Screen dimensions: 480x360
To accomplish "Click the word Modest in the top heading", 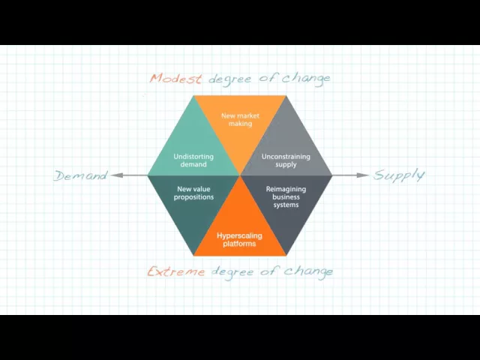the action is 177,78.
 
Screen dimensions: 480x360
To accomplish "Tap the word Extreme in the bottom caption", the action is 177,271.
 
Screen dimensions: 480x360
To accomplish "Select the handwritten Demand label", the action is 80,175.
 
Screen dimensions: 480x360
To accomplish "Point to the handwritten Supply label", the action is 399,175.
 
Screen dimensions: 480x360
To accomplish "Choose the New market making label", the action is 240,120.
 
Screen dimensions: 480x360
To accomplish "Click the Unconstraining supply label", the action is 286,160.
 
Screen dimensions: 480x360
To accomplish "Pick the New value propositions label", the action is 194,193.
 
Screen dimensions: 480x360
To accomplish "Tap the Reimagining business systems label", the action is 286,196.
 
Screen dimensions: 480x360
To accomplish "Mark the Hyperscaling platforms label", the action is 240,239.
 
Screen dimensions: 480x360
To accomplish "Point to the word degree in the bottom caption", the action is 233,271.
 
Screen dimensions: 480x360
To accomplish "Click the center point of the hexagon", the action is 240,175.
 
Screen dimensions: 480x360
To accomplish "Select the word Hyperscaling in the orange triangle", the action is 240,235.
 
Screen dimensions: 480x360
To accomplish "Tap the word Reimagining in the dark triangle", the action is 286,189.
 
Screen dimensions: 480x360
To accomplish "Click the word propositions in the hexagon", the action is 194,197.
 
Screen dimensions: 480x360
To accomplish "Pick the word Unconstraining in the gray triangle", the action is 286,157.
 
